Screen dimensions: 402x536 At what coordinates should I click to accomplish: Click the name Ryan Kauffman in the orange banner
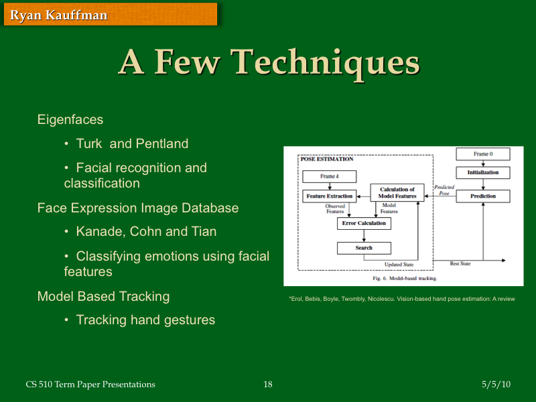point(59,15)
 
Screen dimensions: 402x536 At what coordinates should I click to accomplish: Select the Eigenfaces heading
point(70,120)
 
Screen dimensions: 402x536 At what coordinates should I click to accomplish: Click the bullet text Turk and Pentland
point(132,143)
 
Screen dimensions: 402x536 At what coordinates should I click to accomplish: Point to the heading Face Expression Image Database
point(138,208)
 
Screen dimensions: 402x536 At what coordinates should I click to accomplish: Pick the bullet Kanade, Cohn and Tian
point(146,232)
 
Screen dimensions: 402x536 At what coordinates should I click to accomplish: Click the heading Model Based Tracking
point(103,296)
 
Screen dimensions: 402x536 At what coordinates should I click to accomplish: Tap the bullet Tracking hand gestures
point(145,320)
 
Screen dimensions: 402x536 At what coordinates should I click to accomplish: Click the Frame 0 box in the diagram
point(482,154)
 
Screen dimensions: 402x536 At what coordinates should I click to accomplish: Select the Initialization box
point(482,173)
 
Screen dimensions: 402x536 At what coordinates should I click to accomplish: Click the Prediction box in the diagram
point(482,196)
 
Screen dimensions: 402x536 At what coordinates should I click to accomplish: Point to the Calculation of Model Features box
point(397,193)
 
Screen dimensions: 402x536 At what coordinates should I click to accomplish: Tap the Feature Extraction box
point(329,196)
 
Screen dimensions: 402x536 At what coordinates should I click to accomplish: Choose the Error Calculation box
point(364,223)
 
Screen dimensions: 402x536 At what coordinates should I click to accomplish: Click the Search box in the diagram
point(364,248)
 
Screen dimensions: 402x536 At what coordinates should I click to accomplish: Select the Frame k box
point(328,176)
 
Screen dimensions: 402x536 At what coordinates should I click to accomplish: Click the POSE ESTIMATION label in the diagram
point(327,159)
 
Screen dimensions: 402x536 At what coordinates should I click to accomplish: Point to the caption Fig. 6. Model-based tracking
point(405,277)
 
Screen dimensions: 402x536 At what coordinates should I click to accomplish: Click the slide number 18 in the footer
point(268,385)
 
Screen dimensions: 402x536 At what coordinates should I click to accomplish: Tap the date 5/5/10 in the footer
point(496,385)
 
